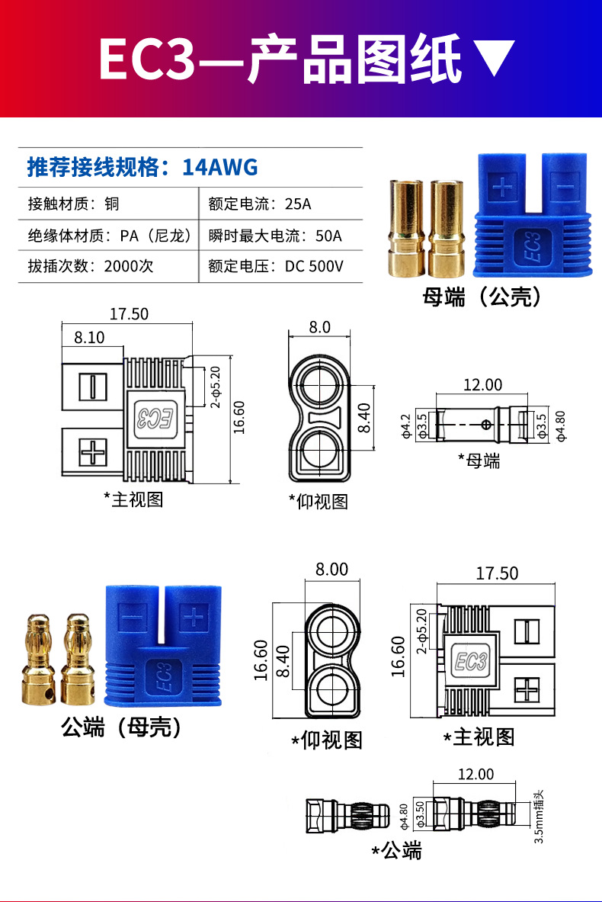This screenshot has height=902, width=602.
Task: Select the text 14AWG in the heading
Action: point(220,166)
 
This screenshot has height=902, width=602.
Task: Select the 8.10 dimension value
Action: point(89,337)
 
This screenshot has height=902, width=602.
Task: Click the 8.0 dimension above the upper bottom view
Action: point(320,327)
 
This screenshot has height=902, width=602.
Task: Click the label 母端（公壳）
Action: point(482,297)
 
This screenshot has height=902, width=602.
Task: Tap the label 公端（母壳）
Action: point(122,728)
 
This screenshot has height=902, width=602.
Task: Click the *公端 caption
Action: point(396,851)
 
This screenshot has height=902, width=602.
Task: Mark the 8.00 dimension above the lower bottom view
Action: point(331,570)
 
